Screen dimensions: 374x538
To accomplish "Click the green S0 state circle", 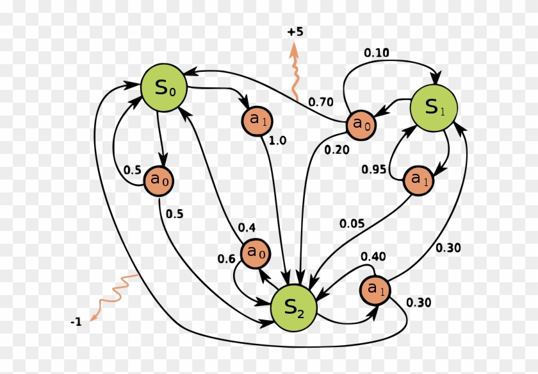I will [164, 87].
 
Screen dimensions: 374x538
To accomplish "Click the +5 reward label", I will [295, 31].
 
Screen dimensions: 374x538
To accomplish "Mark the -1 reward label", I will [76, 321].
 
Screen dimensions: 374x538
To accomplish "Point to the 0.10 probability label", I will [377, 53].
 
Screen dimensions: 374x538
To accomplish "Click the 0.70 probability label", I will [321, 101].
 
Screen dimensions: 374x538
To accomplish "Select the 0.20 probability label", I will [337, 149].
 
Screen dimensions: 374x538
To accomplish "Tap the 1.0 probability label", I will [277, 140].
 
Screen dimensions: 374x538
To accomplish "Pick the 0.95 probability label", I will [374, 170].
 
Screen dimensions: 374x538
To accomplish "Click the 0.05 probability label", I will [352, 224].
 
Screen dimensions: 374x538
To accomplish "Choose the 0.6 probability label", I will [226, 259].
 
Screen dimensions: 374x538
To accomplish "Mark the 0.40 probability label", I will [373, 257].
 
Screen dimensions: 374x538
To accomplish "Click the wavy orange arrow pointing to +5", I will [295, 71].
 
